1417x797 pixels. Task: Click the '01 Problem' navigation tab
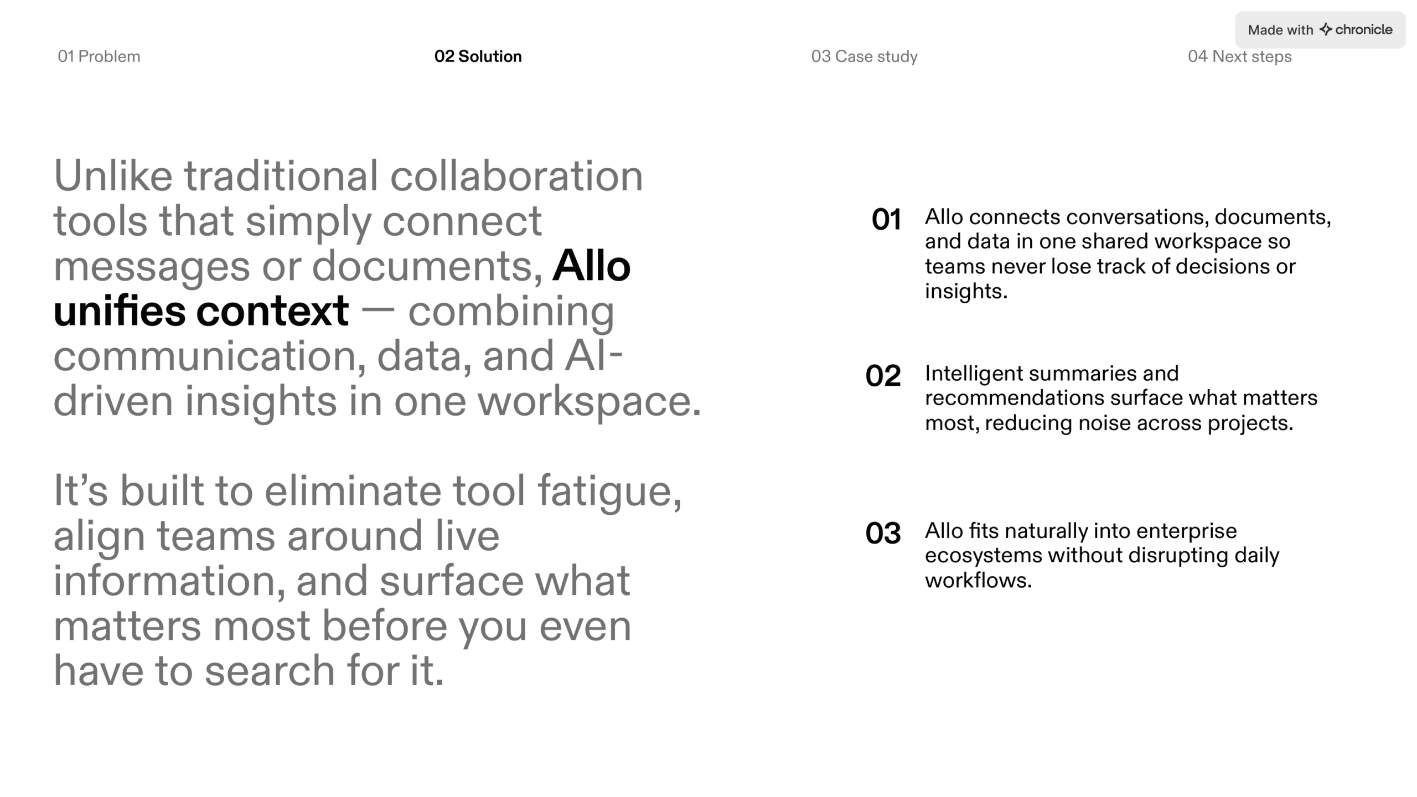[x=99, y=56]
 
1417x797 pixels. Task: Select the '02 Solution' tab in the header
[x=478, y=56]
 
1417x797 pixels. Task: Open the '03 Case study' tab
[x=864, y=56]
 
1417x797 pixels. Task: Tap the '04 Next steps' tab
[x=1239, y=56]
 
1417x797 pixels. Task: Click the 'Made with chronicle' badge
[x=1320, y=30]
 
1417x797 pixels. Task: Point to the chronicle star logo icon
[x=1326, y=29]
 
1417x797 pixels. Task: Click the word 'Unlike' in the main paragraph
[x=113, y=176]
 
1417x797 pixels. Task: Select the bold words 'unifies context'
[x=201, y=311]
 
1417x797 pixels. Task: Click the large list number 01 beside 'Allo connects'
[x=886, y=219]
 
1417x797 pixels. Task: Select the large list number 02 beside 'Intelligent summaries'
[x=883, y=376]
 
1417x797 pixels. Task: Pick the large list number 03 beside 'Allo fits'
[x=883, y=533]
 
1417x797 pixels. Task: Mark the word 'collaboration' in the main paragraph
[x=516, y=176]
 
